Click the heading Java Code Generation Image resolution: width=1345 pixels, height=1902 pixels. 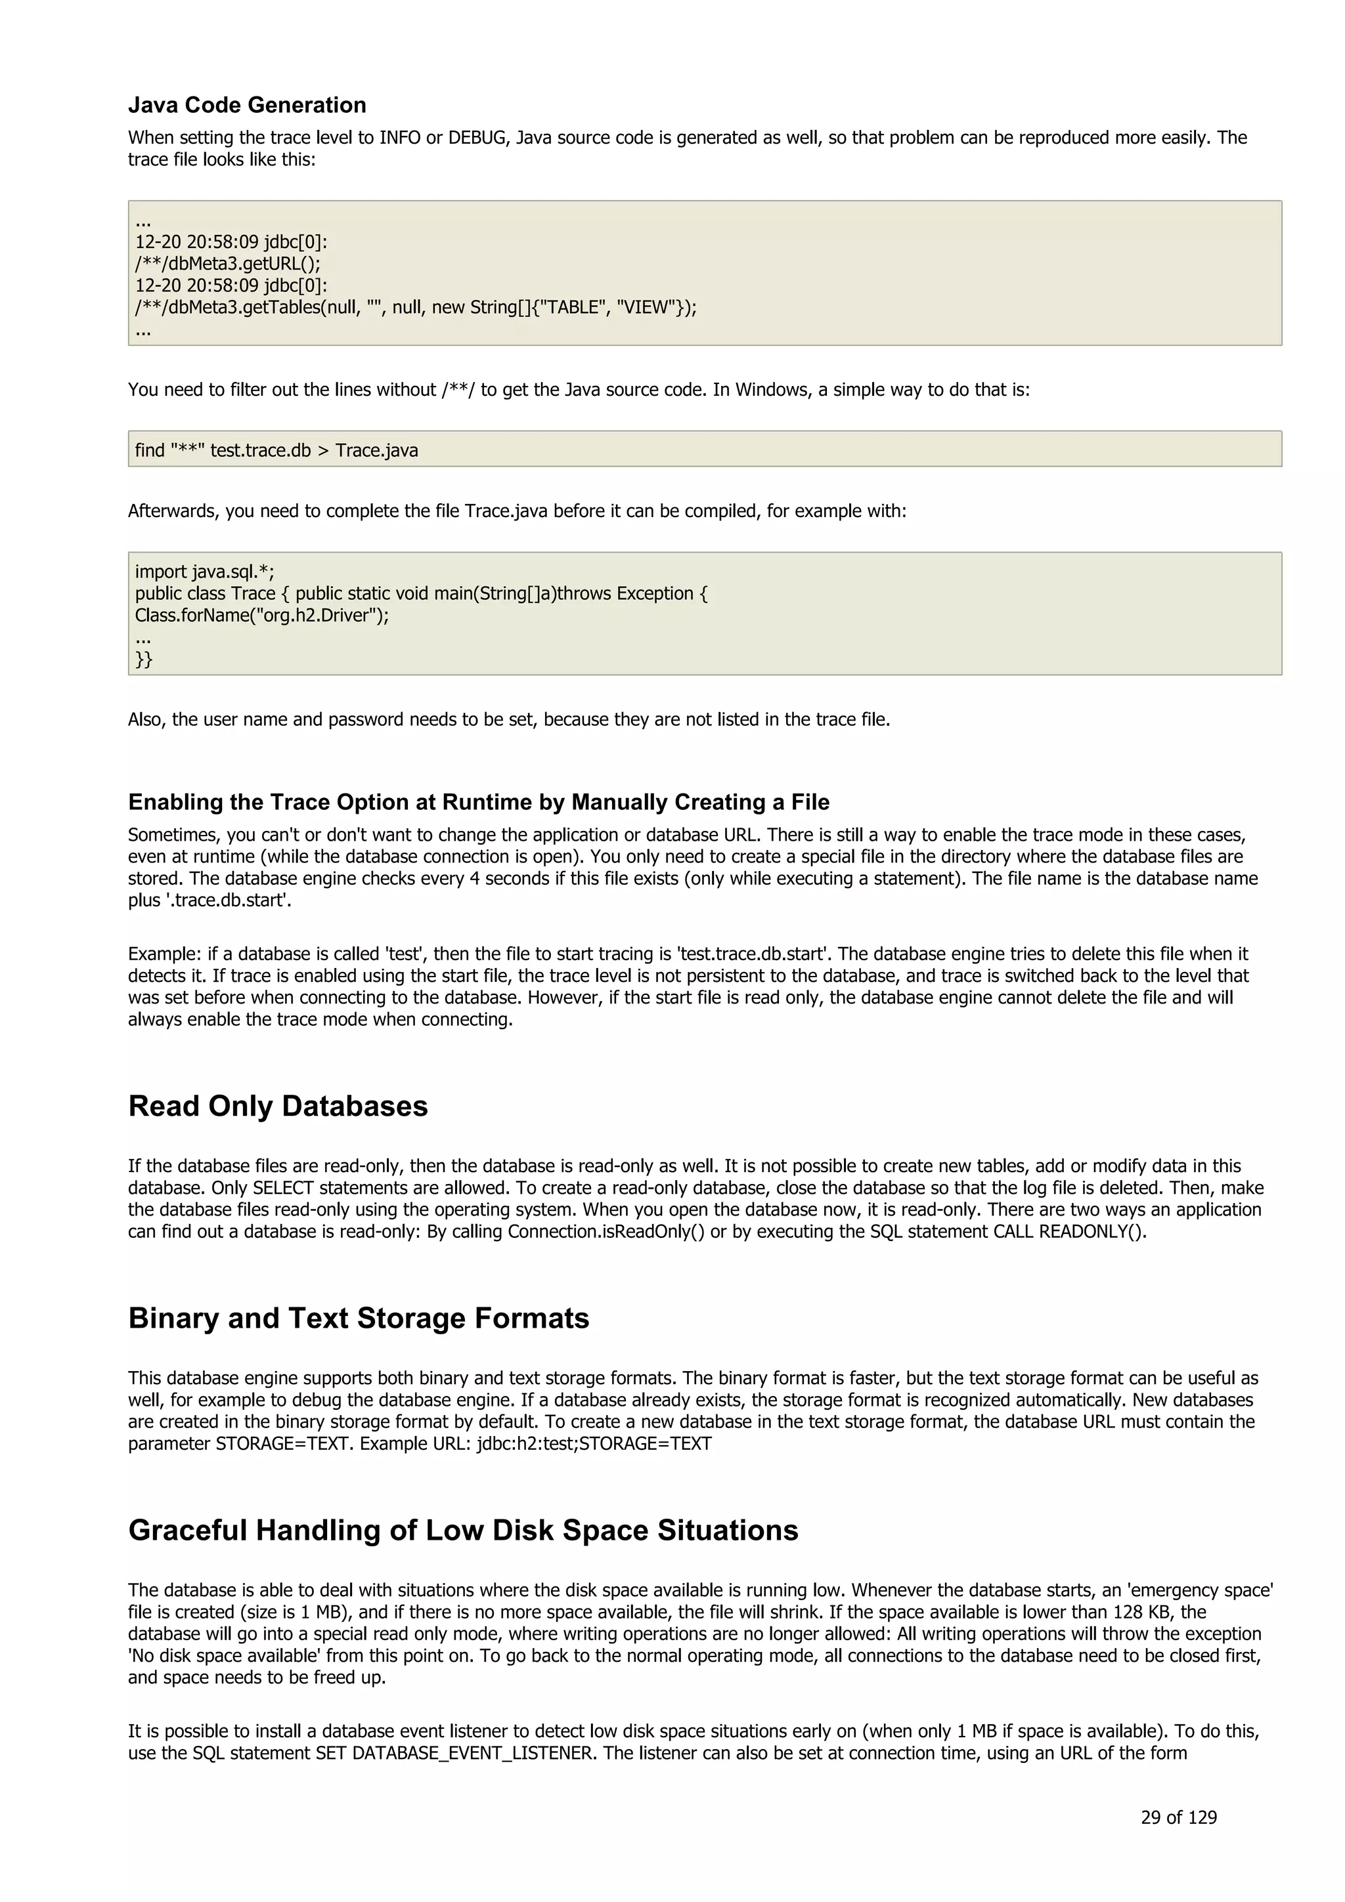[x=247, y=105]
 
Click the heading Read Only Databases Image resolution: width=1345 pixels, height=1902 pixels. [x=278, y=1106]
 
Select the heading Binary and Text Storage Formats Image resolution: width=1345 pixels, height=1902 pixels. [x=358, y=1318]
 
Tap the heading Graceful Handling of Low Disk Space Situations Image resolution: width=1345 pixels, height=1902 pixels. [x=462, y=1530]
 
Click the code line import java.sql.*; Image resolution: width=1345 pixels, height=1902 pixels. [x=204, y=572]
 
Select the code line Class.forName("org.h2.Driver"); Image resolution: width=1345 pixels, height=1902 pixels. [x=262, y=616]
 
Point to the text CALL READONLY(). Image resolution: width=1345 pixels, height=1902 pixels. [x=1069, y=1232]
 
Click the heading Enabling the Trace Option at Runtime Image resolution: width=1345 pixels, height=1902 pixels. [x=478, y=802]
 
